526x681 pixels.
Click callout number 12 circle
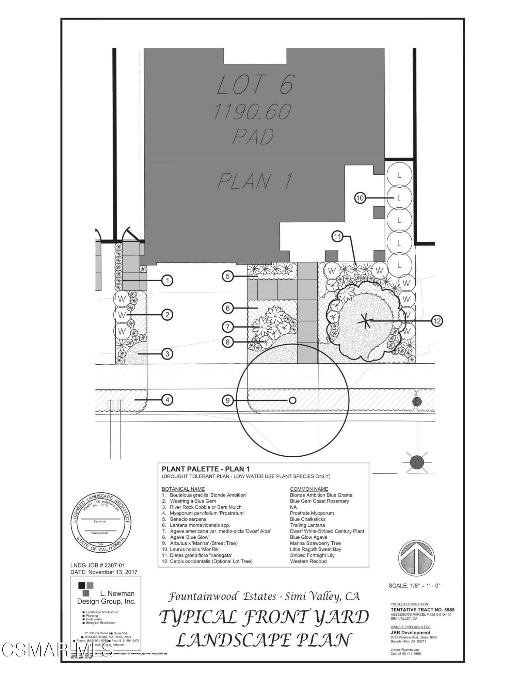point(437,321)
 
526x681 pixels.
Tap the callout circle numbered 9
point(228,400)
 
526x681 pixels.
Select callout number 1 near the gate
point(167,281)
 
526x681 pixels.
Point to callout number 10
point(360,198)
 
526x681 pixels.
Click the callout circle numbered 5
point(228,276)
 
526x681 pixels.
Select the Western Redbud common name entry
point(308,561)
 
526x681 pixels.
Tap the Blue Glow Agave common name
point(308,537)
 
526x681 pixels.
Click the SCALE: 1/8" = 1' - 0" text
point(414,586)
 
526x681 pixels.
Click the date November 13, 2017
point(103,572)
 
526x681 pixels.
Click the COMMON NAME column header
point(309,489)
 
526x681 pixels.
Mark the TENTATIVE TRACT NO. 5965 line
point(422,610)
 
